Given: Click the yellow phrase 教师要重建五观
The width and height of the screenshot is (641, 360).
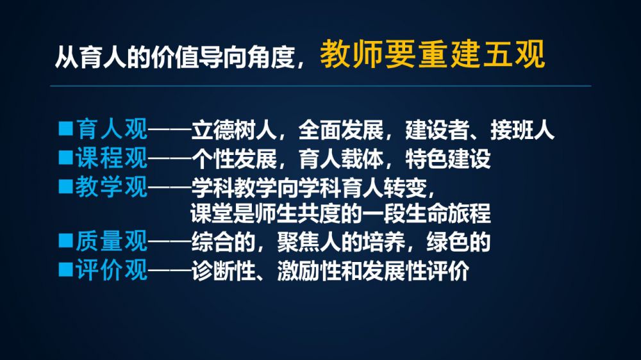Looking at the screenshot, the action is (432, 54).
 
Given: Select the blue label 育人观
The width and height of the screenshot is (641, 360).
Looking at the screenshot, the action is (112, 129).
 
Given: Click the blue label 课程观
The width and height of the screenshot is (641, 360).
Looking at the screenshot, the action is (112, 158).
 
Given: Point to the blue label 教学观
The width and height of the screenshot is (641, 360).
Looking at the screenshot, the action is (112, 187).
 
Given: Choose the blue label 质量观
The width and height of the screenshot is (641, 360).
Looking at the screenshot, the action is (112, 241).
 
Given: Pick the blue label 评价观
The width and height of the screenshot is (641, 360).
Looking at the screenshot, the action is (112, 270).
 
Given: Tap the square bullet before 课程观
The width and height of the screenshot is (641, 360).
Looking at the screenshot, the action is (65, 157).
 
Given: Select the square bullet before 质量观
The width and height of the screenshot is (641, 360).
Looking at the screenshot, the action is (65, 240).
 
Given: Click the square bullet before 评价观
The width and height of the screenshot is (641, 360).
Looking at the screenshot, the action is (65, 269).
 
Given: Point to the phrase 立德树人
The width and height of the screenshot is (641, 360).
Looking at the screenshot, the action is (234, 130).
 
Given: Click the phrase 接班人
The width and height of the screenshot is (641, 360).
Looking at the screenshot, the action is (522, 130).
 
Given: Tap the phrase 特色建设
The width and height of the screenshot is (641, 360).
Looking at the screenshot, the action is (447, 159).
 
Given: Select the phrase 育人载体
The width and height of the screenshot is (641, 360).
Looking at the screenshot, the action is (341, 159).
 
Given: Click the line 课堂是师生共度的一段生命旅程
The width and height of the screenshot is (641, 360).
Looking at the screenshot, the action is (340, 213).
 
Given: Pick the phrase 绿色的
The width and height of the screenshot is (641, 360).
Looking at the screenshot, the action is (458, 242).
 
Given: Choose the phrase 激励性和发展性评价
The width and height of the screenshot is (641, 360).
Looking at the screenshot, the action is (373, 270).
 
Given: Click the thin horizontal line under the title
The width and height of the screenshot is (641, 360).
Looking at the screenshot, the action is (321, 86).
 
